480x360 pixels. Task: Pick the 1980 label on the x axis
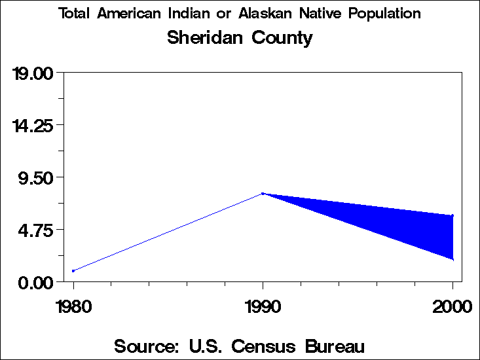pyautogui.click(x=73, y=307)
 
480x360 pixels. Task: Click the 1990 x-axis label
pyautogui.click(x=263, y=307)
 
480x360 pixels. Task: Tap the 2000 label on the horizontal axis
pyautogui.click(x=452, y=307)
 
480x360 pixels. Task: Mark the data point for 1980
pyautogui.click(x=73, y=270)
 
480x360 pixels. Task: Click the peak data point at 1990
pyautogui.click(x=263, y=194)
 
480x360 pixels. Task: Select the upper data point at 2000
pyautogui.click(x=452, y=215)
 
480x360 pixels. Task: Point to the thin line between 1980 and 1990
pyautogui.click(x=168, y=232)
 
